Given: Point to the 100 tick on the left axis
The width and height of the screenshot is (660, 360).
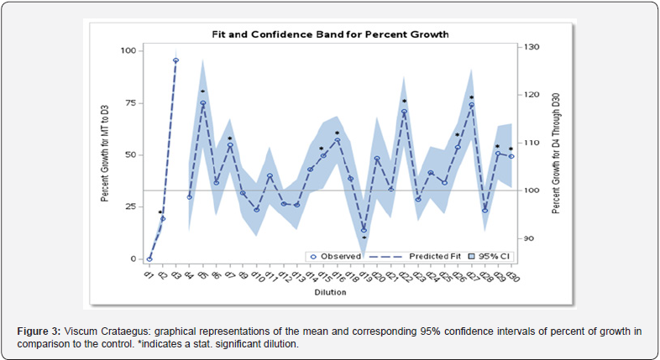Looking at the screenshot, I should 128,51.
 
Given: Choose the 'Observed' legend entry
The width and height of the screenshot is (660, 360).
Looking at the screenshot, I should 341,255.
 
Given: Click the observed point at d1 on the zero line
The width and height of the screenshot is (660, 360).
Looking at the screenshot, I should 149,258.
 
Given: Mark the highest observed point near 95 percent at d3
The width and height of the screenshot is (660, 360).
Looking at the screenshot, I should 176,60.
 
